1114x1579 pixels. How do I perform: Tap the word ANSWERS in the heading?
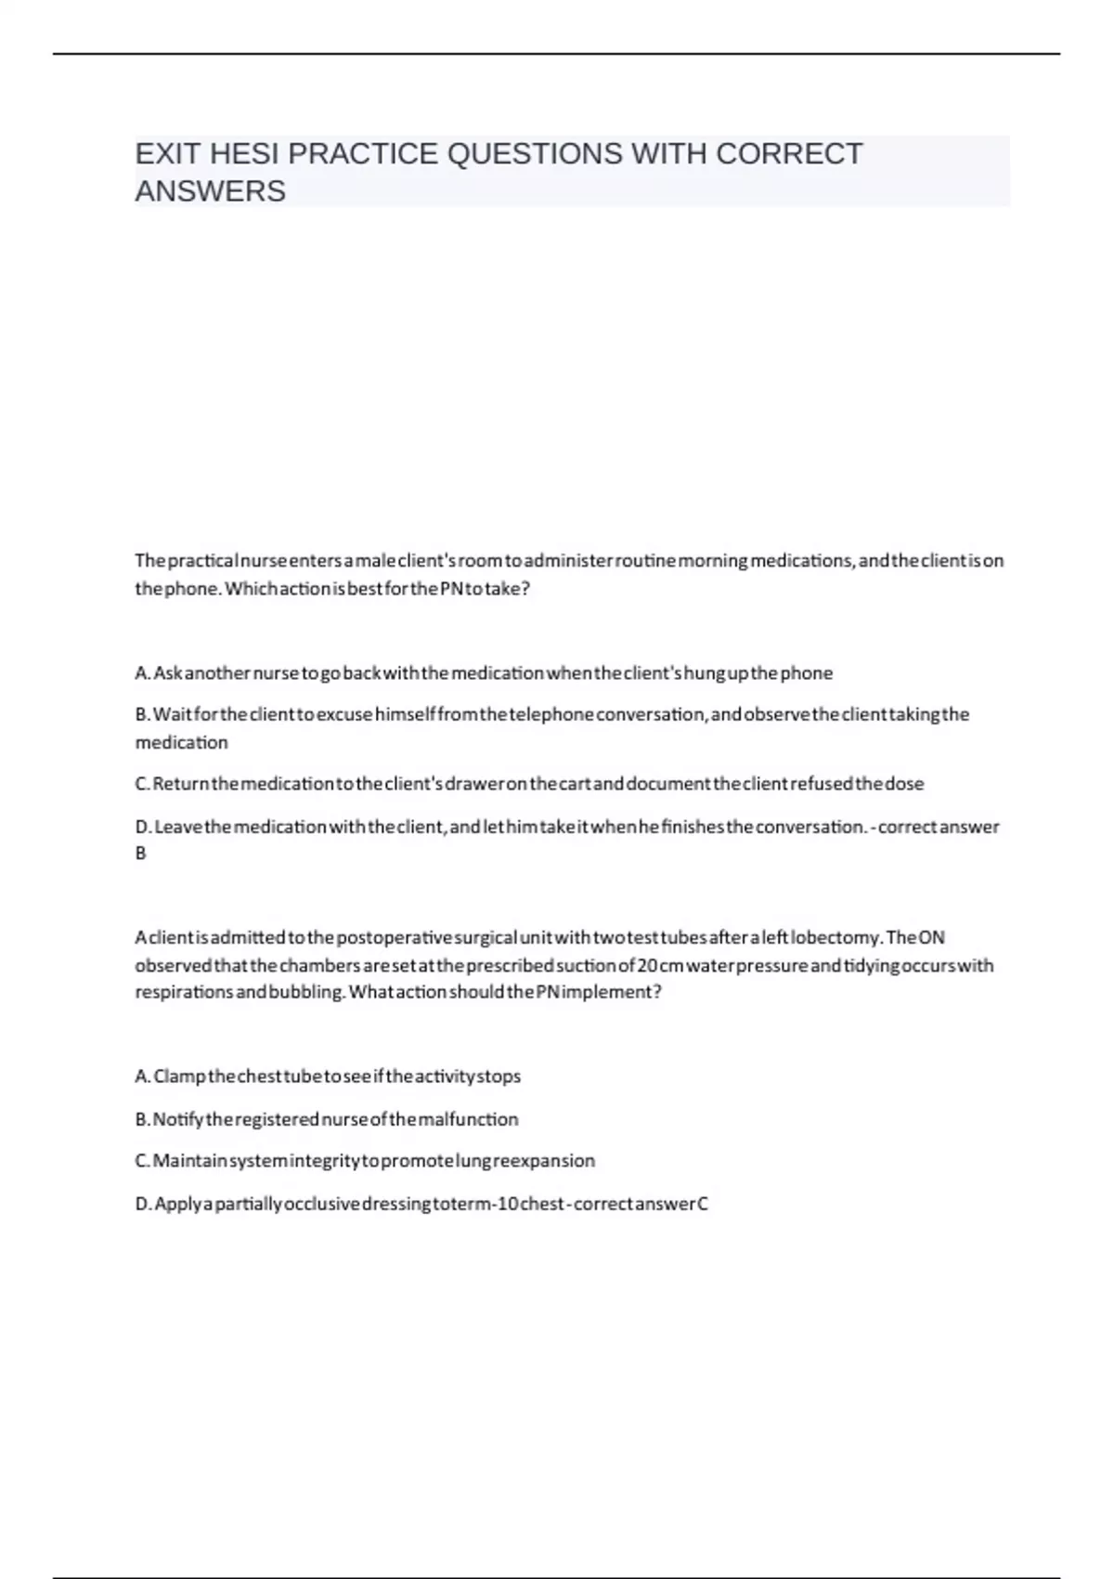(211, 191)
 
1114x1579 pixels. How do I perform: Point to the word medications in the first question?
(798, 561)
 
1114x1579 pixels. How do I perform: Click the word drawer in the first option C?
(474, 783)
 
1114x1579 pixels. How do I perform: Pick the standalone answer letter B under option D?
(141, 853)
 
